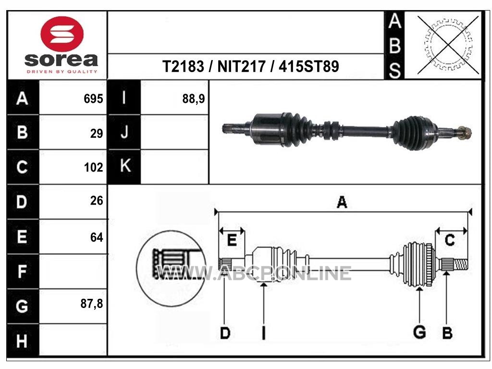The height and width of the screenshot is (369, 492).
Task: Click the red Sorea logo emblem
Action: click(62, 34)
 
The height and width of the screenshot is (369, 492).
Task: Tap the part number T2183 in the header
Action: click(183, 66)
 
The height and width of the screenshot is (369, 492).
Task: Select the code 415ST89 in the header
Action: click(309, 66)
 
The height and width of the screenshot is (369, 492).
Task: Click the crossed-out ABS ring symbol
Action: click(448, 45)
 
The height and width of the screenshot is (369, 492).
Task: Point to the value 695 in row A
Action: click(93, 99)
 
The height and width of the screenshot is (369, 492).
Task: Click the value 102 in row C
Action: click(93, 167)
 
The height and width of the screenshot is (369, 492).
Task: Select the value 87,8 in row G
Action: click(92, 304)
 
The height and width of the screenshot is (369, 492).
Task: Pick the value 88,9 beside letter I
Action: click(193, 99)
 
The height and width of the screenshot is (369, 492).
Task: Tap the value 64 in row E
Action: click(96, 237)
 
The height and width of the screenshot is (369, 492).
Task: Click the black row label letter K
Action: click(125, 166)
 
